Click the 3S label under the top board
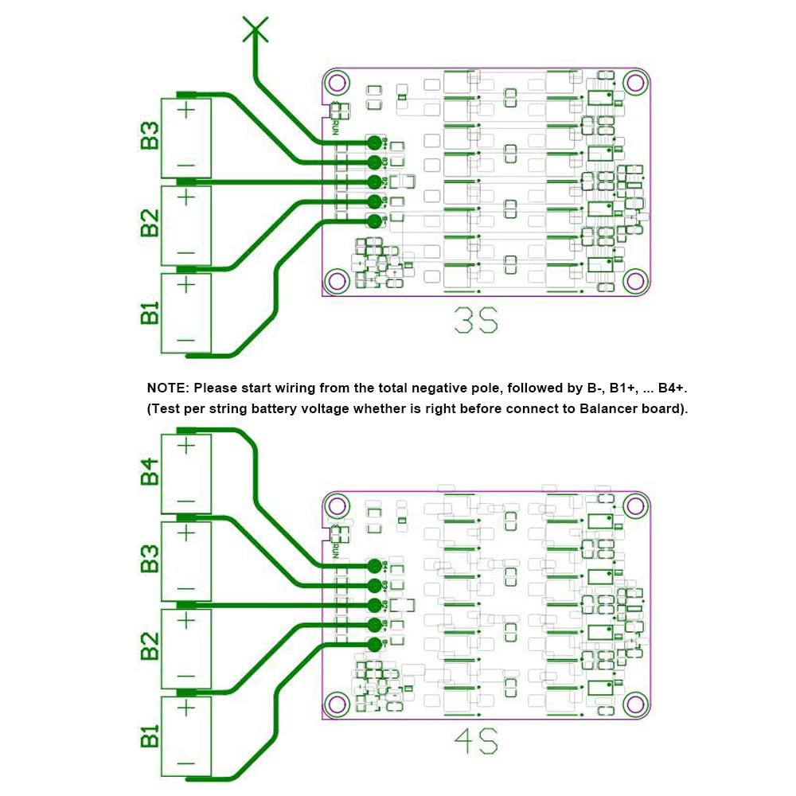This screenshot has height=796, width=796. click(475, 323)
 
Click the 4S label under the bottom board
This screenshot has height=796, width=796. click(475, 745)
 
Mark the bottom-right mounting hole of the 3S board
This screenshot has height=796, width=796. click(635, 280)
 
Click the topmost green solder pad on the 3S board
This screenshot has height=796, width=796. click(374, 142)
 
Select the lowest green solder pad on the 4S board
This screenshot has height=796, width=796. click(374, 644)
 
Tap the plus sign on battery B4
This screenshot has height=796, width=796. click(185, 446)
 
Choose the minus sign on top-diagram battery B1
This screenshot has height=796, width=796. click(185, 341)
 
